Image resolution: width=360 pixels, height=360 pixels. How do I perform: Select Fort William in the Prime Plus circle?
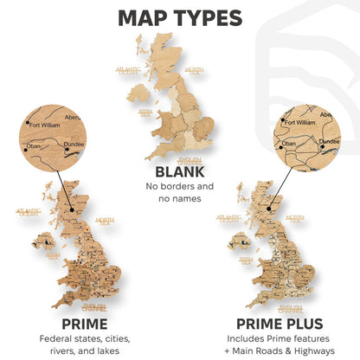click(x=294, y=123)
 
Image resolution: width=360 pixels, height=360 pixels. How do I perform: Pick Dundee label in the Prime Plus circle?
click(x=329, y=141)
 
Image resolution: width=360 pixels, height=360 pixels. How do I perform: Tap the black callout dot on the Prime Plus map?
click(x=271, y=208)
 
